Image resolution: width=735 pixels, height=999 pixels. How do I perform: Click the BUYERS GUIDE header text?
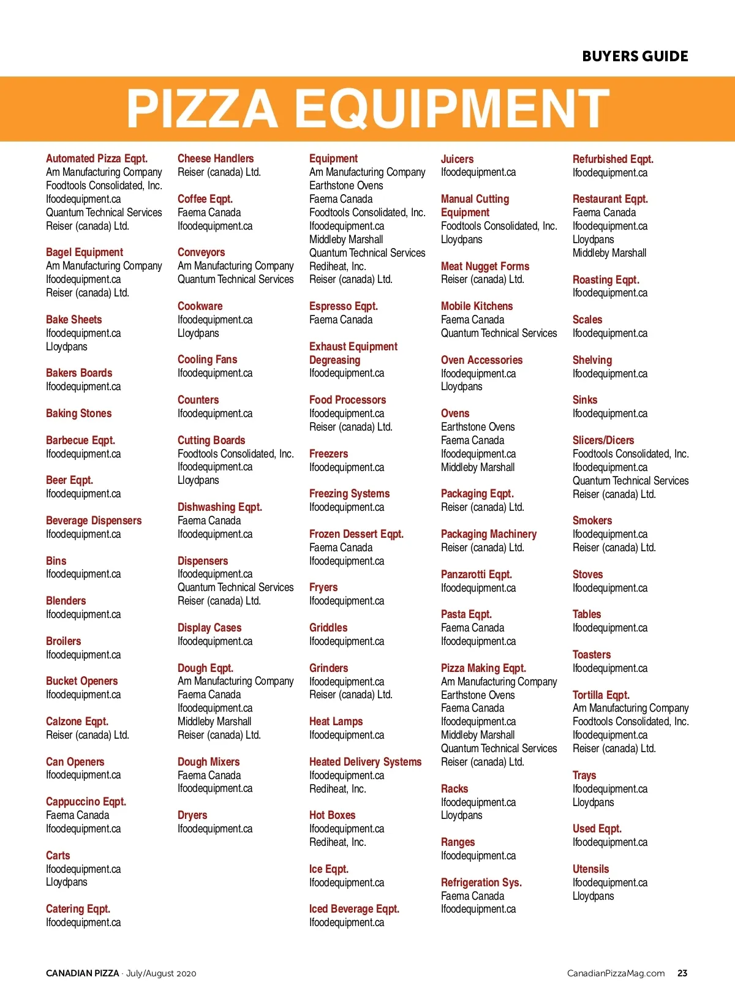[x=635, y=56]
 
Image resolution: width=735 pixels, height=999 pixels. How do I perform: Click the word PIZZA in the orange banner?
[x=202, y=109]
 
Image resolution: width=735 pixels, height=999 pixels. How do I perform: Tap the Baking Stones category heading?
[x=79, y=413]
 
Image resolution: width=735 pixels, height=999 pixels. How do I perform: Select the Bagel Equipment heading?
[x=85, y=252]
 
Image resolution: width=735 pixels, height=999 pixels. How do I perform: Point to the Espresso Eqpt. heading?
[x=344, y=306]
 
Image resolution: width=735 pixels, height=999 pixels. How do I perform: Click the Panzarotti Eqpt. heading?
[x=477, y=575]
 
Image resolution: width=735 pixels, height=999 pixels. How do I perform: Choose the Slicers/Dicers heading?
[x=603, y=440]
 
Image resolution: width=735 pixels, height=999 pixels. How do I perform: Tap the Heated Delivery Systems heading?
[x=366, y=762]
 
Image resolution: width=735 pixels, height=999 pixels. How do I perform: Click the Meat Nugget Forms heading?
[x=485, y=266]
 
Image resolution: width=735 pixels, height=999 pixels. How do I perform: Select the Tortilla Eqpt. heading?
[x=601, y=695]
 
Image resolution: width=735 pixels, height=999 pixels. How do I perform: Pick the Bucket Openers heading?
[x=82, y=681]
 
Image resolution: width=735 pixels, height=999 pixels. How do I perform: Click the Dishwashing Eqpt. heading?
[x=220, y=507]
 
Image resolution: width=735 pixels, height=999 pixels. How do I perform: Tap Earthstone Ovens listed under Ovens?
[x=478, y=427]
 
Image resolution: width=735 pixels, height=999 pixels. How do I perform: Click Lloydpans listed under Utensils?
[x=594, y=896]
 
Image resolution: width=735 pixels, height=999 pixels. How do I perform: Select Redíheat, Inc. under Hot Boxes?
[x=337, y=842]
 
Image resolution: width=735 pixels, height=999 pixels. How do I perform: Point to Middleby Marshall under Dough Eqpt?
[x=214, y=722]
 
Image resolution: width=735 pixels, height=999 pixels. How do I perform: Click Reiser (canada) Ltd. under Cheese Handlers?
[x=219, y=172]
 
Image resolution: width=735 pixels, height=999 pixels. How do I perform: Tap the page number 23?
[x=682, y=973]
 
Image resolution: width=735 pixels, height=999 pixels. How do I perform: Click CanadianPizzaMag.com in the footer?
[x=616, y=973]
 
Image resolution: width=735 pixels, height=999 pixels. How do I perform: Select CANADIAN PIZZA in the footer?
[x=83, y=973]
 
